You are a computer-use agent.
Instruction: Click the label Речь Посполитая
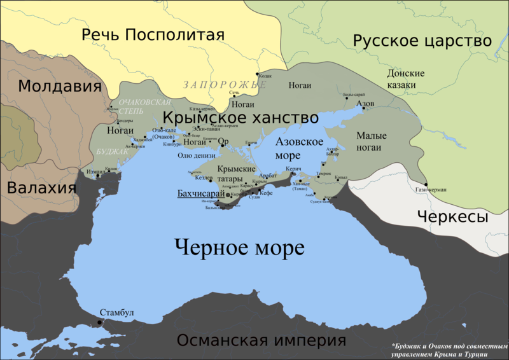tap(153, 35)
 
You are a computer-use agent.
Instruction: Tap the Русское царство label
tap(422, 42)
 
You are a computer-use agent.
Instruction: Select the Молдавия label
tap(60, 87)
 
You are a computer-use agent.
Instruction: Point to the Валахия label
tap(41, 188)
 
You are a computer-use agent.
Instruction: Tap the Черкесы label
tap(452, 217)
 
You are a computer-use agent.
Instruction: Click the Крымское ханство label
tap(241, 118)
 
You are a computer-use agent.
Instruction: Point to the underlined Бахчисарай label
tap(201, 193)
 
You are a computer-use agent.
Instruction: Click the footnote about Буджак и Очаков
tap(449, 349)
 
